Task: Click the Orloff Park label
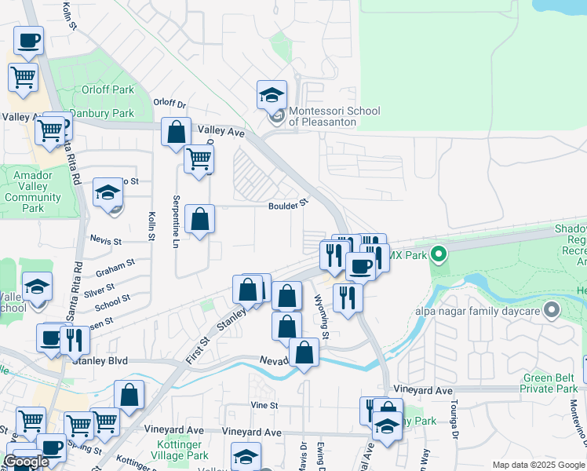click(112, 89)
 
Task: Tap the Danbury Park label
click(102, 113)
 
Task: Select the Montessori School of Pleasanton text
click(334, 116)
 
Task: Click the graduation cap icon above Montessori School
click(272, 96)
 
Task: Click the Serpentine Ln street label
click(176, 222)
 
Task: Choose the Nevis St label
click(106, 240)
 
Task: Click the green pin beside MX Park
click(439, 254)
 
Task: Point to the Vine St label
click(264, 404)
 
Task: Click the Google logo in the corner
click(27, 462)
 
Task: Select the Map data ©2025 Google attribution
click(538, 465)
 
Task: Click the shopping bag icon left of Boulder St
click(200, 221)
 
